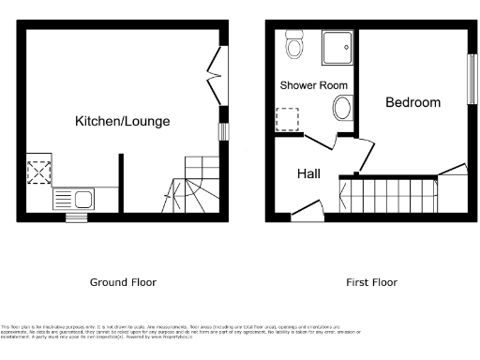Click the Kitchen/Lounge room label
point(123,122)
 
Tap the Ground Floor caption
point(123,282)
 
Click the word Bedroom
point(412,103)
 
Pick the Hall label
point(309,173)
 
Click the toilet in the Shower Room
point(294,45)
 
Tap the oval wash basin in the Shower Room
point(341,109)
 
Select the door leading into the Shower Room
point(319,142)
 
